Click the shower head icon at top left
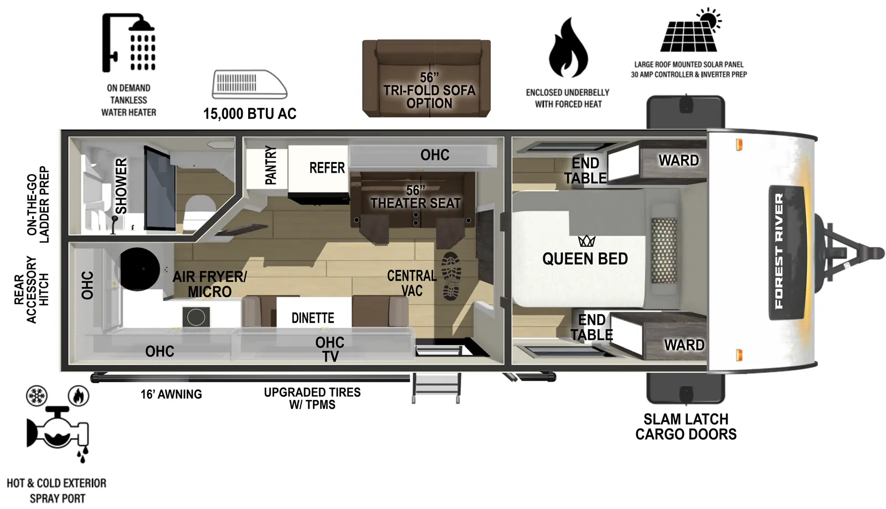[x=129, y=43]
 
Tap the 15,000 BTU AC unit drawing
[x=249, y=85]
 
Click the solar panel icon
[x=689, y=32]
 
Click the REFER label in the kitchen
[x=327, y=168]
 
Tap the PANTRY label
[x=270, y=165]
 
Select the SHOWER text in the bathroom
[x=121, y=186]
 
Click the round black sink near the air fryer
[x=140, y=269]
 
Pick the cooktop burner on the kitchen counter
[x=196, y=318]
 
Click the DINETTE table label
[x=313, y=318]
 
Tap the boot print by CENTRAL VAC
[x=452, y=276]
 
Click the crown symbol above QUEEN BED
[x=586, y=241]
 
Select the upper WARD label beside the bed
[x=678, y=160]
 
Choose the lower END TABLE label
[x=591, y=327]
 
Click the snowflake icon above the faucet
[x=37, y=396]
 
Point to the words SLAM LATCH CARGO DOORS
[x=686, y=427]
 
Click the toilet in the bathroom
[x=198, y=210]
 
